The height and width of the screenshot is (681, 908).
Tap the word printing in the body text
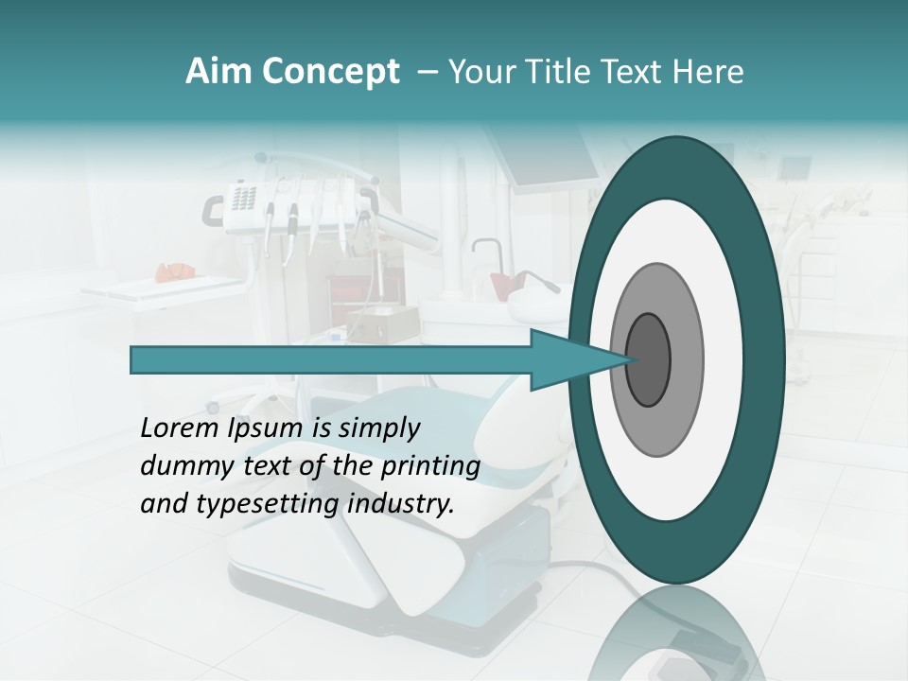(x=430, y=467)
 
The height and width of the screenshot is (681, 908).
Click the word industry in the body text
(x=400, y=504)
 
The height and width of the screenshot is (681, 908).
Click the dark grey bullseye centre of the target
(x=648, y=360)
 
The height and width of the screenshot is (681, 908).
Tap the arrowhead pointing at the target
(x=558, y=360)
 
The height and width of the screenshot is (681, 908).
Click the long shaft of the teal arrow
(x=331, y=360)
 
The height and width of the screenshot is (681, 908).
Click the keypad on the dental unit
(x=243, y=199)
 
